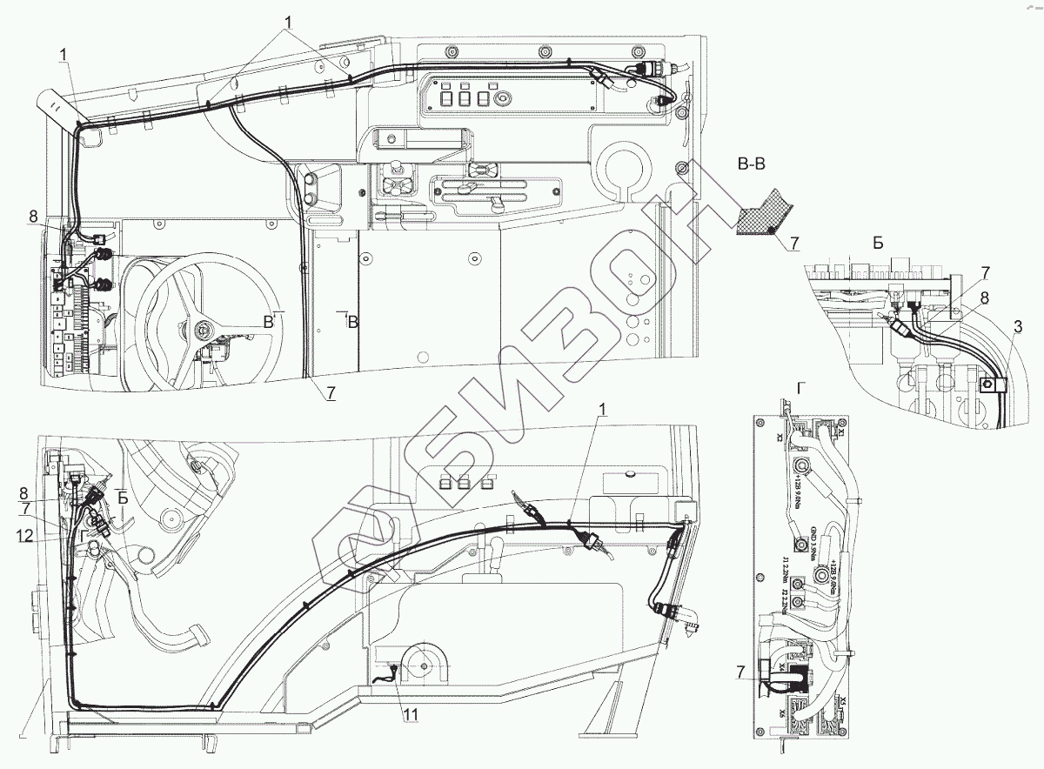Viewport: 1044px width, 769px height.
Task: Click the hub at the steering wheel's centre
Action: point(203,329)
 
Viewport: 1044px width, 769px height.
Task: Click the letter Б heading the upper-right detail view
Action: point(878,244)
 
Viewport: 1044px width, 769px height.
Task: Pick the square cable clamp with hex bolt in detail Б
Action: point(987,386)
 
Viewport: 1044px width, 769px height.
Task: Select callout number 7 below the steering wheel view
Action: point(331,393)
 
